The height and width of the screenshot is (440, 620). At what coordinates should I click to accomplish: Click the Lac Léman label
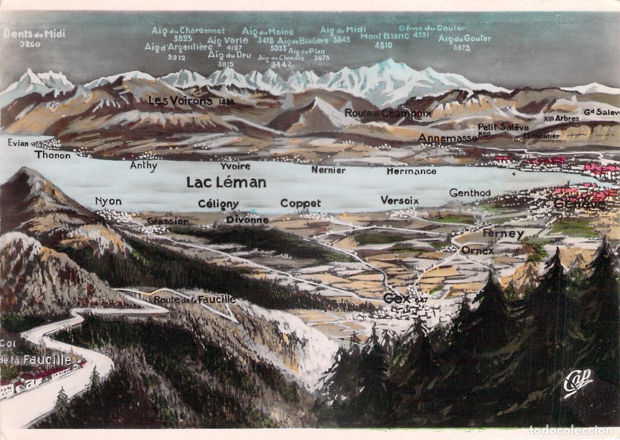226,182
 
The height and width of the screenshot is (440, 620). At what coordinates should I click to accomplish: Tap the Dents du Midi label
35,34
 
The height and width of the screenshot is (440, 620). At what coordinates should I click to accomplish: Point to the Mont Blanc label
385,36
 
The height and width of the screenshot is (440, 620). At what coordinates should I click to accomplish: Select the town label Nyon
108,201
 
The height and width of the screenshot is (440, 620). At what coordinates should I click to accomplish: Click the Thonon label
52,154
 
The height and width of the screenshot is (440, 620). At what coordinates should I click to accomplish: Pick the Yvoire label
235,166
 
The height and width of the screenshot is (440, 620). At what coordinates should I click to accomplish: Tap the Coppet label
300,203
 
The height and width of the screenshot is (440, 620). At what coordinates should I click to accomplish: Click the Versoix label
399,200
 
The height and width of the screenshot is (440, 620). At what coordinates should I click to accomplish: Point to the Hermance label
411,171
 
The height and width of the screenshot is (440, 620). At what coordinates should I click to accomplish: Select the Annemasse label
447,138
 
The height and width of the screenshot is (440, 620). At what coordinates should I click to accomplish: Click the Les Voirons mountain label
180,100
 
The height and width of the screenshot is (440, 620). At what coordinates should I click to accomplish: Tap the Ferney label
503,233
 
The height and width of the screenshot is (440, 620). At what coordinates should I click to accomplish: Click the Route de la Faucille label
194,299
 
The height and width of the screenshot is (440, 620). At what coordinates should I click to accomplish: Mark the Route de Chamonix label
388,113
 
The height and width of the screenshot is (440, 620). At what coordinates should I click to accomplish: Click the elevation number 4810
383,45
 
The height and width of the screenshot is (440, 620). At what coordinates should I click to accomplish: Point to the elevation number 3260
30,44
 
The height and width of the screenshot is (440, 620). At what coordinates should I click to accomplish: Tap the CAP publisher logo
577,383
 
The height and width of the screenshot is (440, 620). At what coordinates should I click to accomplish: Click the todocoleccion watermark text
570,430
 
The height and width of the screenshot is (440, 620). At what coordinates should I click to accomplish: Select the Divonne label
247,219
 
